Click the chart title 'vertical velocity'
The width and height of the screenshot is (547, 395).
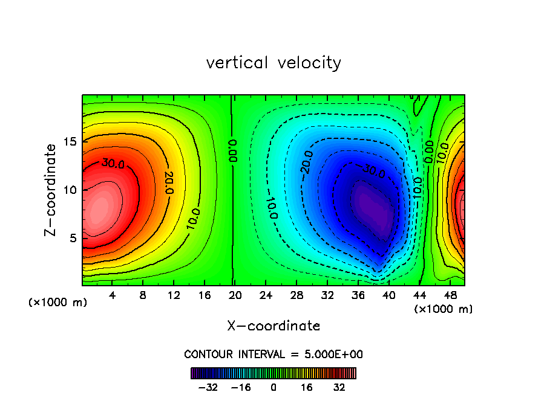(x=273, y=63)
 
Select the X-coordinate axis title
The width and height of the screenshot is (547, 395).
(x=273, y=326)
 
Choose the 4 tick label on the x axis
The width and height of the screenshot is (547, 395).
(x=112, y=296)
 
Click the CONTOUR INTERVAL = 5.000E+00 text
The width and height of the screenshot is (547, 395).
(x=273, y=355)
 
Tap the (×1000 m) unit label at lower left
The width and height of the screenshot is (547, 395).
(x=58, y=303)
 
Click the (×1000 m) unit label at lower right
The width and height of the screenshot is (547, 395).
(x=444, y=309)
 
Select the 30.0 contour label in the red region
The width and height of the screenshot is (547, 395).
(x=113, y=163)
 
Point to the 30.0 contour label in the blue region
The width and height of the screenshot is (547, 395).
(x=373, y=171)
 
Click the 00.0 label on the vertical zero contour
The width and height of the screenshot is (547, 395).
(x=234, y=149)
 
